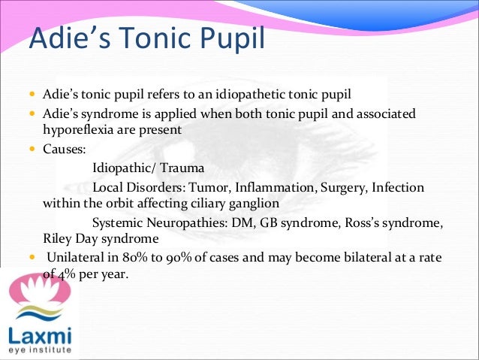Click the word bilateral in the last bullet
click(x=365, y=259)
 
